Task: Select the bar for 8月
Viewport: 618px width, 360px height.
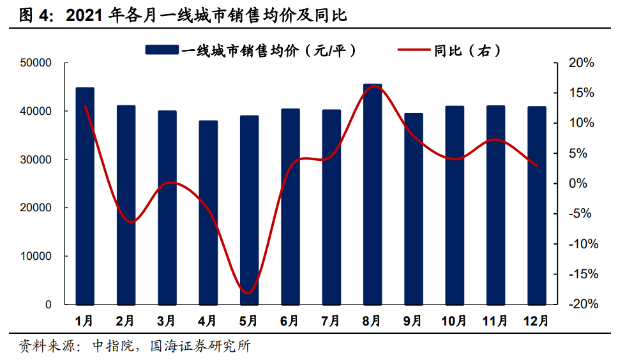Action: point(372,194)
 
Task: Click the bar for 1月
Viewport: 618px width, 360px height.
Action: point(85,196)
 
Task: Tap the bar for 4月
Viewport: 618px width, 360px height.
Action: point(208,213)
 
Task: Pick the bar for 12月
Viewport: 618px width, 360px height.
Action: point(537,206)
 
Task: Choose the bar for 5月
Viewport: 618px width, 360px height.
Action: point(249,210)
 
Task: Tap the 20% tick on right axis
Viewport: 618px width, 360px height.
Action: point(582,63)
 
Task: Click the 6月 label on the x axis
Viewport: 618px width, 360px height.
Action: point(290,320)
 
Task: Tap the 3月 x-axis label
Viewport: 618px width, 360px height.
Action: point(167,320)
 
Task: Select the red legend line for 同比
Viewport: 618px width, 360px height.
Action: point(414,50)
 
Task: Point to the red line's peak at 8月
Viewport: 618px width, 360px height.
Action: point(372,86)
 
